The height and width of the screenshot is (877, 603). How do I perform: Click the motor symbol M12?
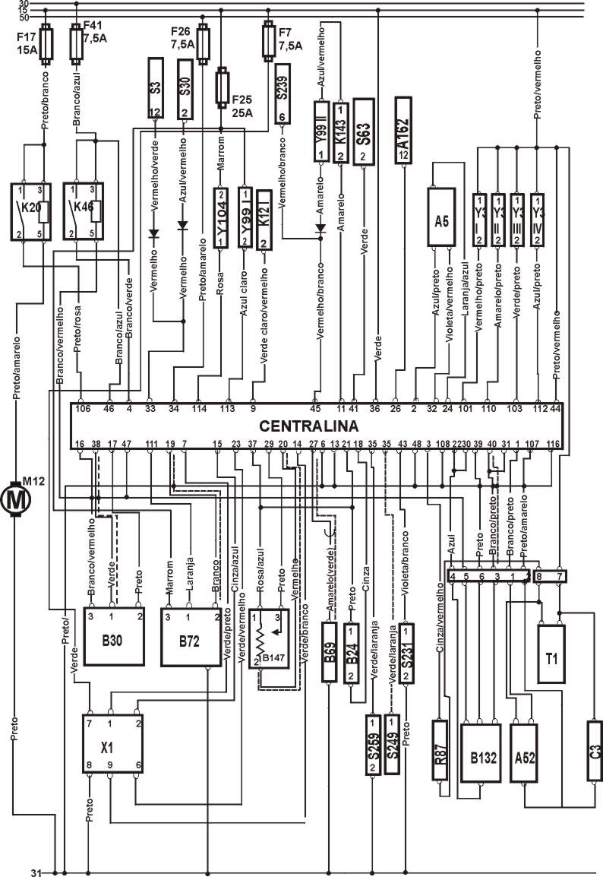pos(15,499)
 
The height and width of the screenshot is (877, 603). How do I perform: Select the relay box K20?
pos(31,211)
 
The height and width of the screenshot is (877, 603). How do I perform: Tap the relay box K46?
pos(83,211)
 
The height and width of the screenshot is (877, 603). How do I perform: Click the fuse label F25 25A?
pos(242,107)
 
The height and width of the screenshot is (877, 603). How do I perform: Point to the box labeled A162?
pos(404,131)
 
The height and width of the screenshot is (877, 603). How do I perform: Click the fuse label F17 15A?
pos(27,42)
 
